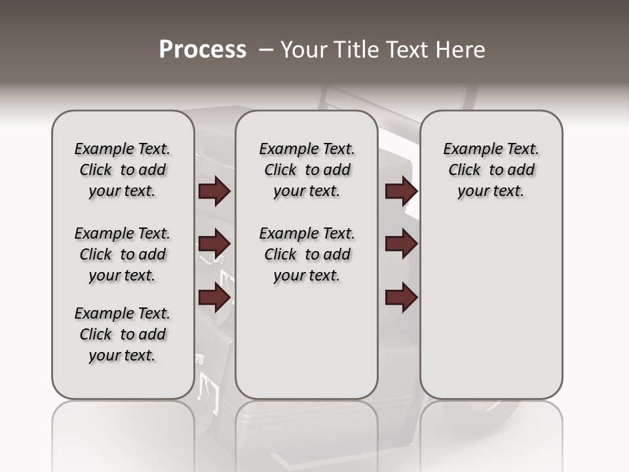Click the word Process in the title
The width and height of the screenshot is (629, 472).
click(202, 50)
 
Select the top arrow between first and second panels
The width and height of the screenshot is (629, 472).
click(214, 191)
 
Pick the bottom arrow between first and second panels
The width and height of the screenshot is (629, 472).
click(214, 298)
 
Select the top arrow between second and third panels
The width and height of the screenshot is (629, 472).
click(401, 191)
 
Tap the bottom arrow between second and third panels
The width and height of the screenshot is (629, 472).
click(401, 298)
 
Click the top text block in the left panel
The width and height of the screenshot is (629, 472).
click(123, 170)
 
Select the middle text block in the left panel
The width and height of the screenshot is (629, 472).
click(123, 254)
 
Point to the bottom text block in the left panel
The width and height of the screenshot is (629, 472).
click(123, 334)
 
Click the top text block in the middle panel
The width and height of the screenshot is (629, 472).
click(307, 170)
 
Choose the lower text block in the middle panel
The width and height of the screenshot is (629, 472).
click(307, 254)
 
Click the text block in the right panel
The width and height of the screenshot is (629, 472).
click(491, 170)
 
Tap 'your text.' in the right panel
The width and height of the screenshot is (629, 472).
click(491, 191)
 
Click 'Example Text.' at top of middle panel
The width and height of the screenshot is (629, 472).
click(307, 149)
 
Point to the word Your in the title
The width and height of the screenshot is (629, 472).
click(303, 50)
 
